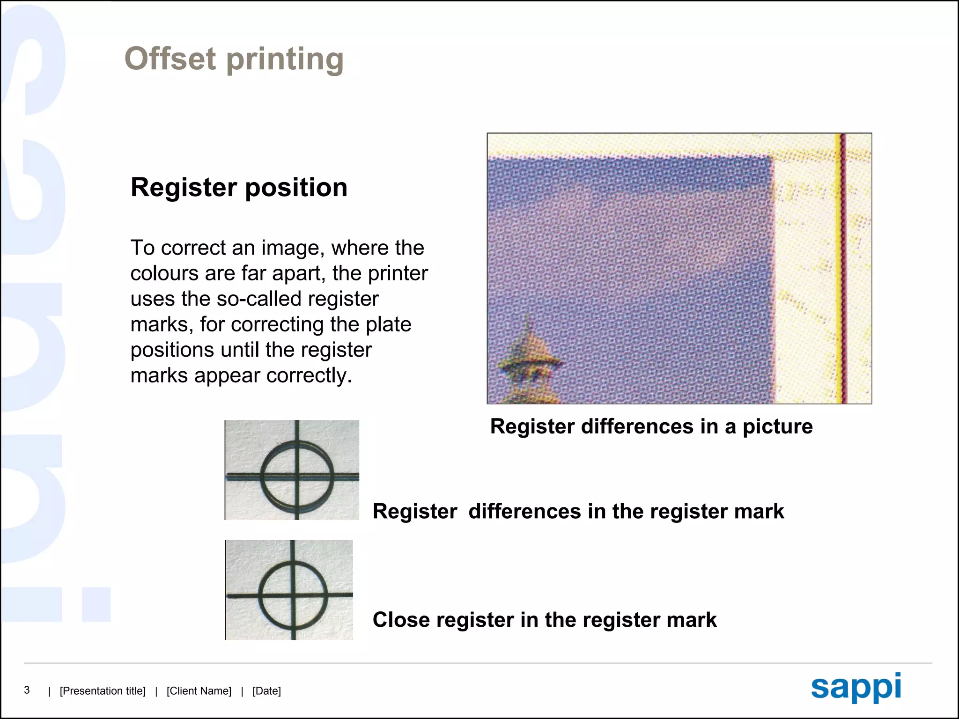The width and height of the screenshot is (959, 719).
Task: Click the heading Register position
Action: tap(239, 188)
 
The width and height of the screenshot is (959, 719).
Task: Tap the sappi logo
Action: tap(856, 687)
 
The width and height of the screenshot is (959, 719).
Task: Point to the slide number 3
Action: tap(27, 690)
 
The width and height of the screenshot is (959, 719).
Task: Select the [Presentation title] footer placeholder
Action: tap(103, 691)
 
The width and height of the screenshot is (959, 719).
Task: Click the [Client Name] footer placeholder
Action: tap(199, 691)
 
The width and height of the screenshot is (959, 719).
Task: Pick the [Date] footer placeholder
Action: tap(266, 691)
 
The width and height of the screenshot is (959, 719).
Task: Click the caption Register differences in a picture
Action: tap(651, 426)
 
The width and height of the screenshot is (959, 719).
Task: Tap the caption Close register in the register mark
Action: tap(544, 620)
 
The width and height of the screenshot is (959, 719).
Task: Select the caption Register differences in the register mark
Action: tap(578, 511)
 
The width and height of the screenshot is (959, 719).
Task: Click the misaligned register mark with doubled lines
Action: tap(292, 470)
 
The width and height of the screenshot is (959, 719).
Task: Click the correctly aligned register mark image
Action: tap(289, 590)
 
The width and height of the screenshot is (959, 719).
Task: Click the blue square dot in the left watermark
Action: tap(96, 604)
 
